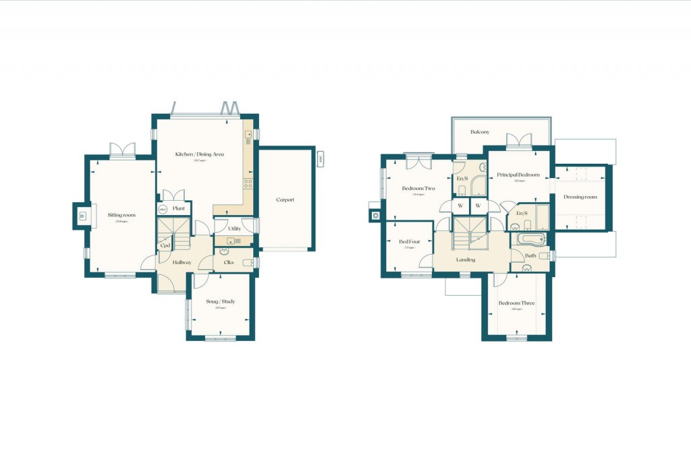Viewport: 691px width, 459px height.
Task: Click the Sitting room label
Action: [121, 215]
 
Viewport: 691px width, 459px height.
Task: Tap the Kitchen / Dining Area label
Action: [200, 154]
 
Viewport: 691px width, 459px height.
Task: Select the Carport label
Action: [285, 200]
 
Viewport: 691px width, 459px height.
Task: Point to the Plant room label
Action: [178, 209]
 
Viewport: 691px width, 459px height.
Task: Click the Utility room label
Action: [234, 228]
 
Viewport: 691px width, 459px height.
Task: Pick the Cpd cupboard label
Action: [165, 245]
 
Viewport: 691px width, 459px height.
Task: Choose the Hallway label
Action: [182, 262]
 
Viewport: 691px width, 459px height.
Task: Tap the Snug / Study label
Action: [221, 301]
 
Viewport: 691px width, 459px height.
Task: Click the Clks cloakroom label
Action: [229, 262]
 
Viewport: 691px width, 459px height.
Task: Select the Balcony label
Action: [480, 132]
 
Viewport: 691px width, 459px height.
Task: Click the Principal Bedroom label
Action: [518, 175]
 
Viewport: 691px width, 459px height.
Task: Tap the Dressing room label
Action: [580, 197]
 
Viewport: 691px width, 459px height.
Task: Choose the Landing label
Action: [466, 259]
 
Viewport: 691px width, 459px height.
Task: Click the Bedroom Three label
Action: [516, 303]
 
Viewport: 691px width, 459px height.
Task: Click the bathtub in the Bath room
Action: [530, 239]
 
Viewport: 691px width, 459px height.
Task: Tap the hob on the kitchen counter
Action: [248, 182]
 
